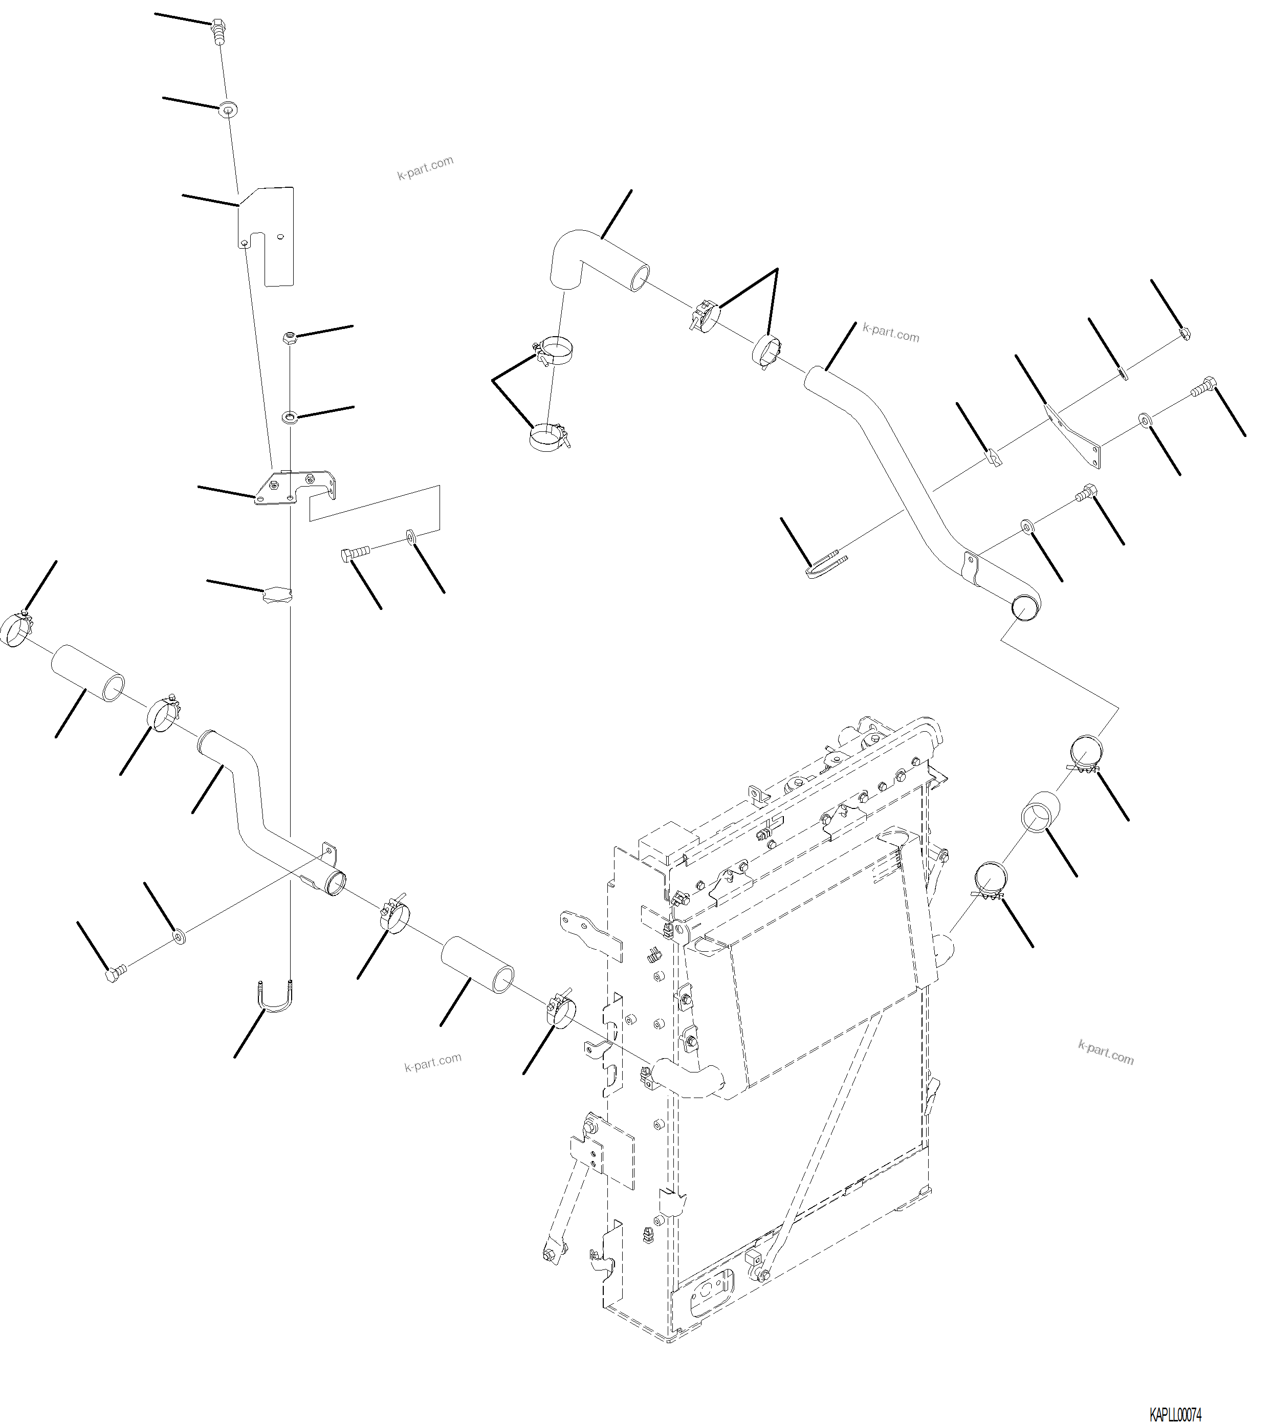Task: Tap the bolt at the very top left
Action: click(217, 31)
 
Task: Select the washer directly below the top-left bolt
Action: click(228, 109)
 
